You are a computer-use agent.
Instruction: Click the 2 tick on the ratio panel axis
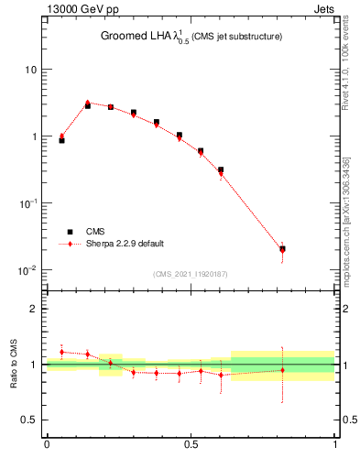click(34, 309)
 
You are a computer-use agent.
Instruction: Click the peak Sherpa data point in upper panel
click(88, 103)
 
